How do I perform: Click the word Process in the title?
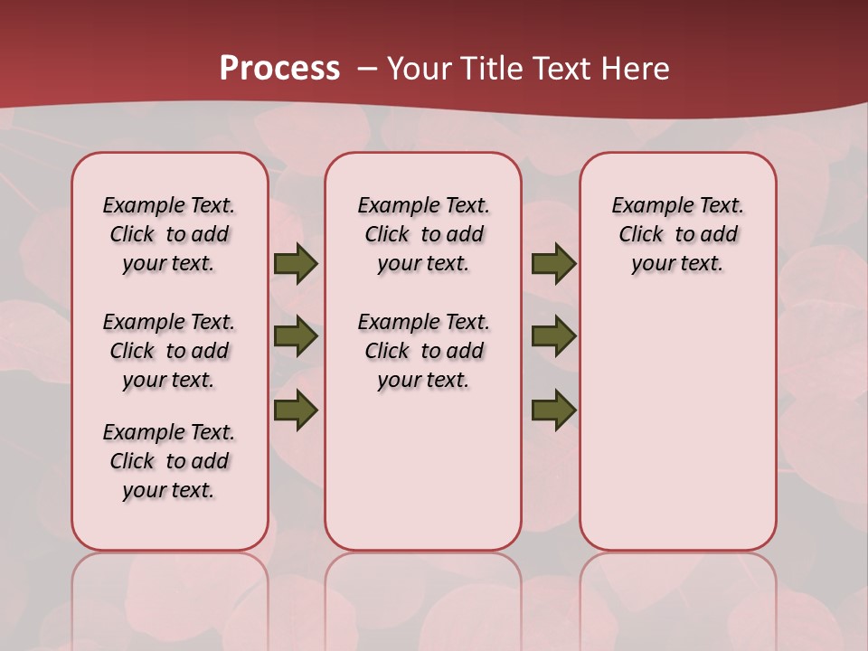point(279,69)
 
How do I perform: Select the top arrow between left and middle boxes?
point(296,264)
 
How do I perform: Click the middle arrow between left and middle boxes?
point(296,336)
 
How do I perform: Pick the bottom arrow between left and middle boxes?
point(296,410)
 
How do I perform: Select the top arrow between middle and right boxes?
point(553,264)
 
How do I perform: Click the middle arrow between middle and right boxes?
point(553,336)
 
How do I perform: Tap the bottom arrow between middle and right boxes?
point(553,410)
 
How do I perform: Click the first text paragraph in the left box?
point(169,234)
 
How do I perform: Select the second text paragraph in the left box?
point(169,351)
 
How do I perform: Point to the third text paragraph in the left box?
point(169,461)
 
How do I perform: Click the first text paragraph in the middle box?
point(423,234)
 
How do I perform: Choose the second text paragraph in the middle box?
point(423,351)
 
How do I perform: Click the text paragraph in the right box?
point(677,234)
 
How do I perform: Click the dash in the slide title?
point(367,69)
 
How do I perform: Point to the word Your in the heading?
point(420,69)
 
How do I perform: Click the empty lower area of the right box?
point(677,434)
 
